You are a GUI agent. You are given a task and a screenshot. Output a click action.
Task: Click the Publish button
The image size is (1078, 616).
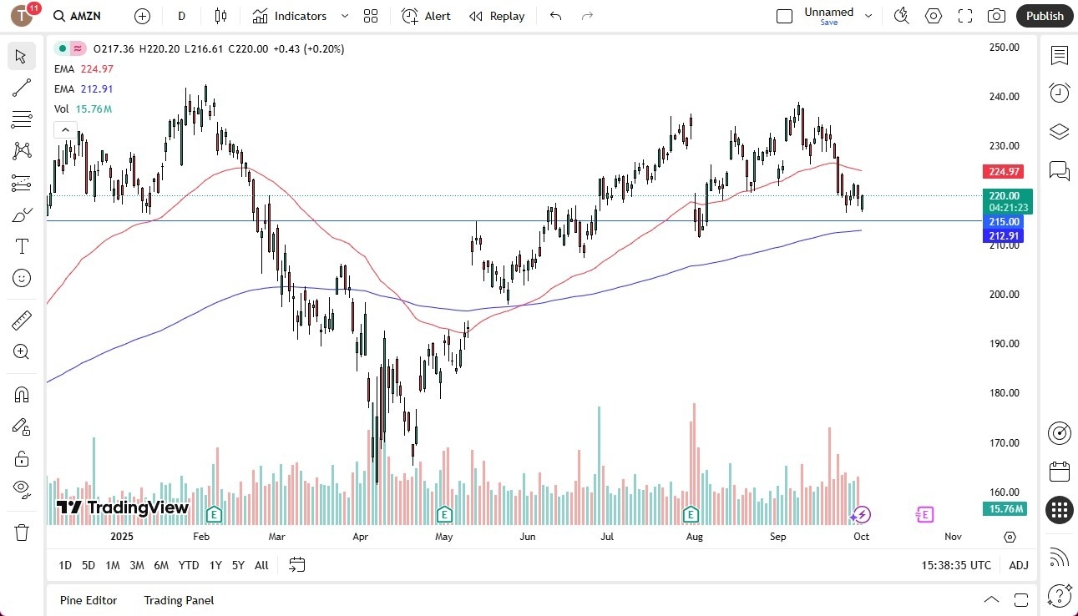1045,16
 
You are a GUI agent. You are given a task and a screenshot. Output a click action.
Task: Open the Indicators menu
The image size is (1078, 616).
300,16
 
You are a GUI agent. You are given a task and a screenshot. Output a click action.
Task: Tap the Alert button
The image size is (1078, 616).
426,16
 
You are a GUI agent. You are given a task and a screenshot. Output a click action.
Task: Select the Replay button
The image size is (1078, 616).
497,16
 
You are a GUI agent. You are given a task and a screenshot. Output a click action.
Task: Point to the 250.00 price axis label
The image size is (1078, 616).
1004,48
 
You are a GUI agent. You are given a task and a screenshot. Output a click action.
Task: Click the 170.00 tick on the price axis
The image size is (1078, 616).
1004,443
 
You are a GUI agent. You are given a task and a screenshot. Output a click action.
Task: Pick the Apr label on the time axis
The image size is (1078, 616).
361,537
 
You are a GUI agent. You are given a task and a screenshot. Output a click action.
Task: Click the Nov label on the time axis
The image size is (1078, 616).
953,537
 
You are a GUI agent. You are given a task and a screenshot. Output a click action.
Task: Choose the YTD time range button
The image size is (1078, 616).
189,565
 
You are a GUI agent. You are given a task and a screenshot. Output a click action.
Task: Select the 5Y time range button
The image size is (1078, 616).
238,565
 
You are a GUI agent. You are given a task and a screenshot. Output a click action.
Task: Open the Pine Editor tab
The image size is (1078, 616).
89,600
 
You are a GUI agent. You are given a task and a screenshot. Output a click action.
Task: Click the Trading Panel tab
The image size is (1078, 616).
179,600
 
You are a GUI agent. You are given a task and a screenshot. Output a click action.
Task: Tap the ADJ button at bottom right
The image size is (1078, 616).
1019,565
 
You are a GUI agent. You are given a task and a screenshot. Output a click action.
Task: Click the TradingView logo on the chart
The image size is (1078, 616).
123,507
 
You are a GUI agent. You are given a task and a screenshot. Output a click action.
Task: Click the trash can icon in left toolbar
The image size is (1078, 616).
22,532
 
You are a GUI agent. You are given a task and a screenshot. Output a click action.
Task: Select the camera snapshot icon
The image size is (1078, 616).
996,16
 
